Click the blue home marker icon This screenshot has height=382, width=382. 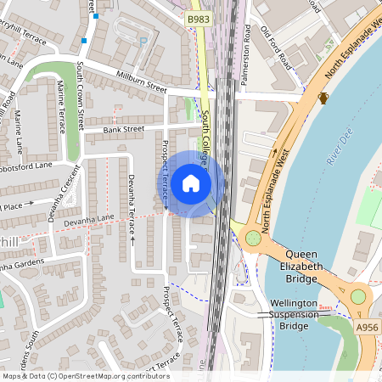pyautogui.click(x=191, y=183)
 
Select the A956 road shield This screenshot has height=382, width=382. pyautogui.click(x=368, y=327)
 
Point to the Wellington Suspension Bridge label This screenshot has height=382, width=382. pyautogui.click(x=294, y=314)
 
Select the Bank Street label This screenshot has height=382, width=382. pyautogui.click(x=124, y=130)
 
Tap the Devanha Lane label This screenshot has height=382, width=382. pyautogui.click(x=93, y=218)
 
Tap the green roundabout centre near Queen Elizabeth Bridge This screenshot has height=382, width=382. pyautogui.click(x=253, y=238)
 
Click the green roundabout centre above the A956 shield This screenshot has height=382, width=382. pyautogui.click(x=358, y=296)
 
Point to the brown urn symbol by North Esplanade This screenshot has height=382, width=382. pyautogui.click(x=323, y=98)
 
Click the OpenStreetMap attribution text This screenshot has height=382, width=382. pyautogui.click(x=86, y=375)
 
